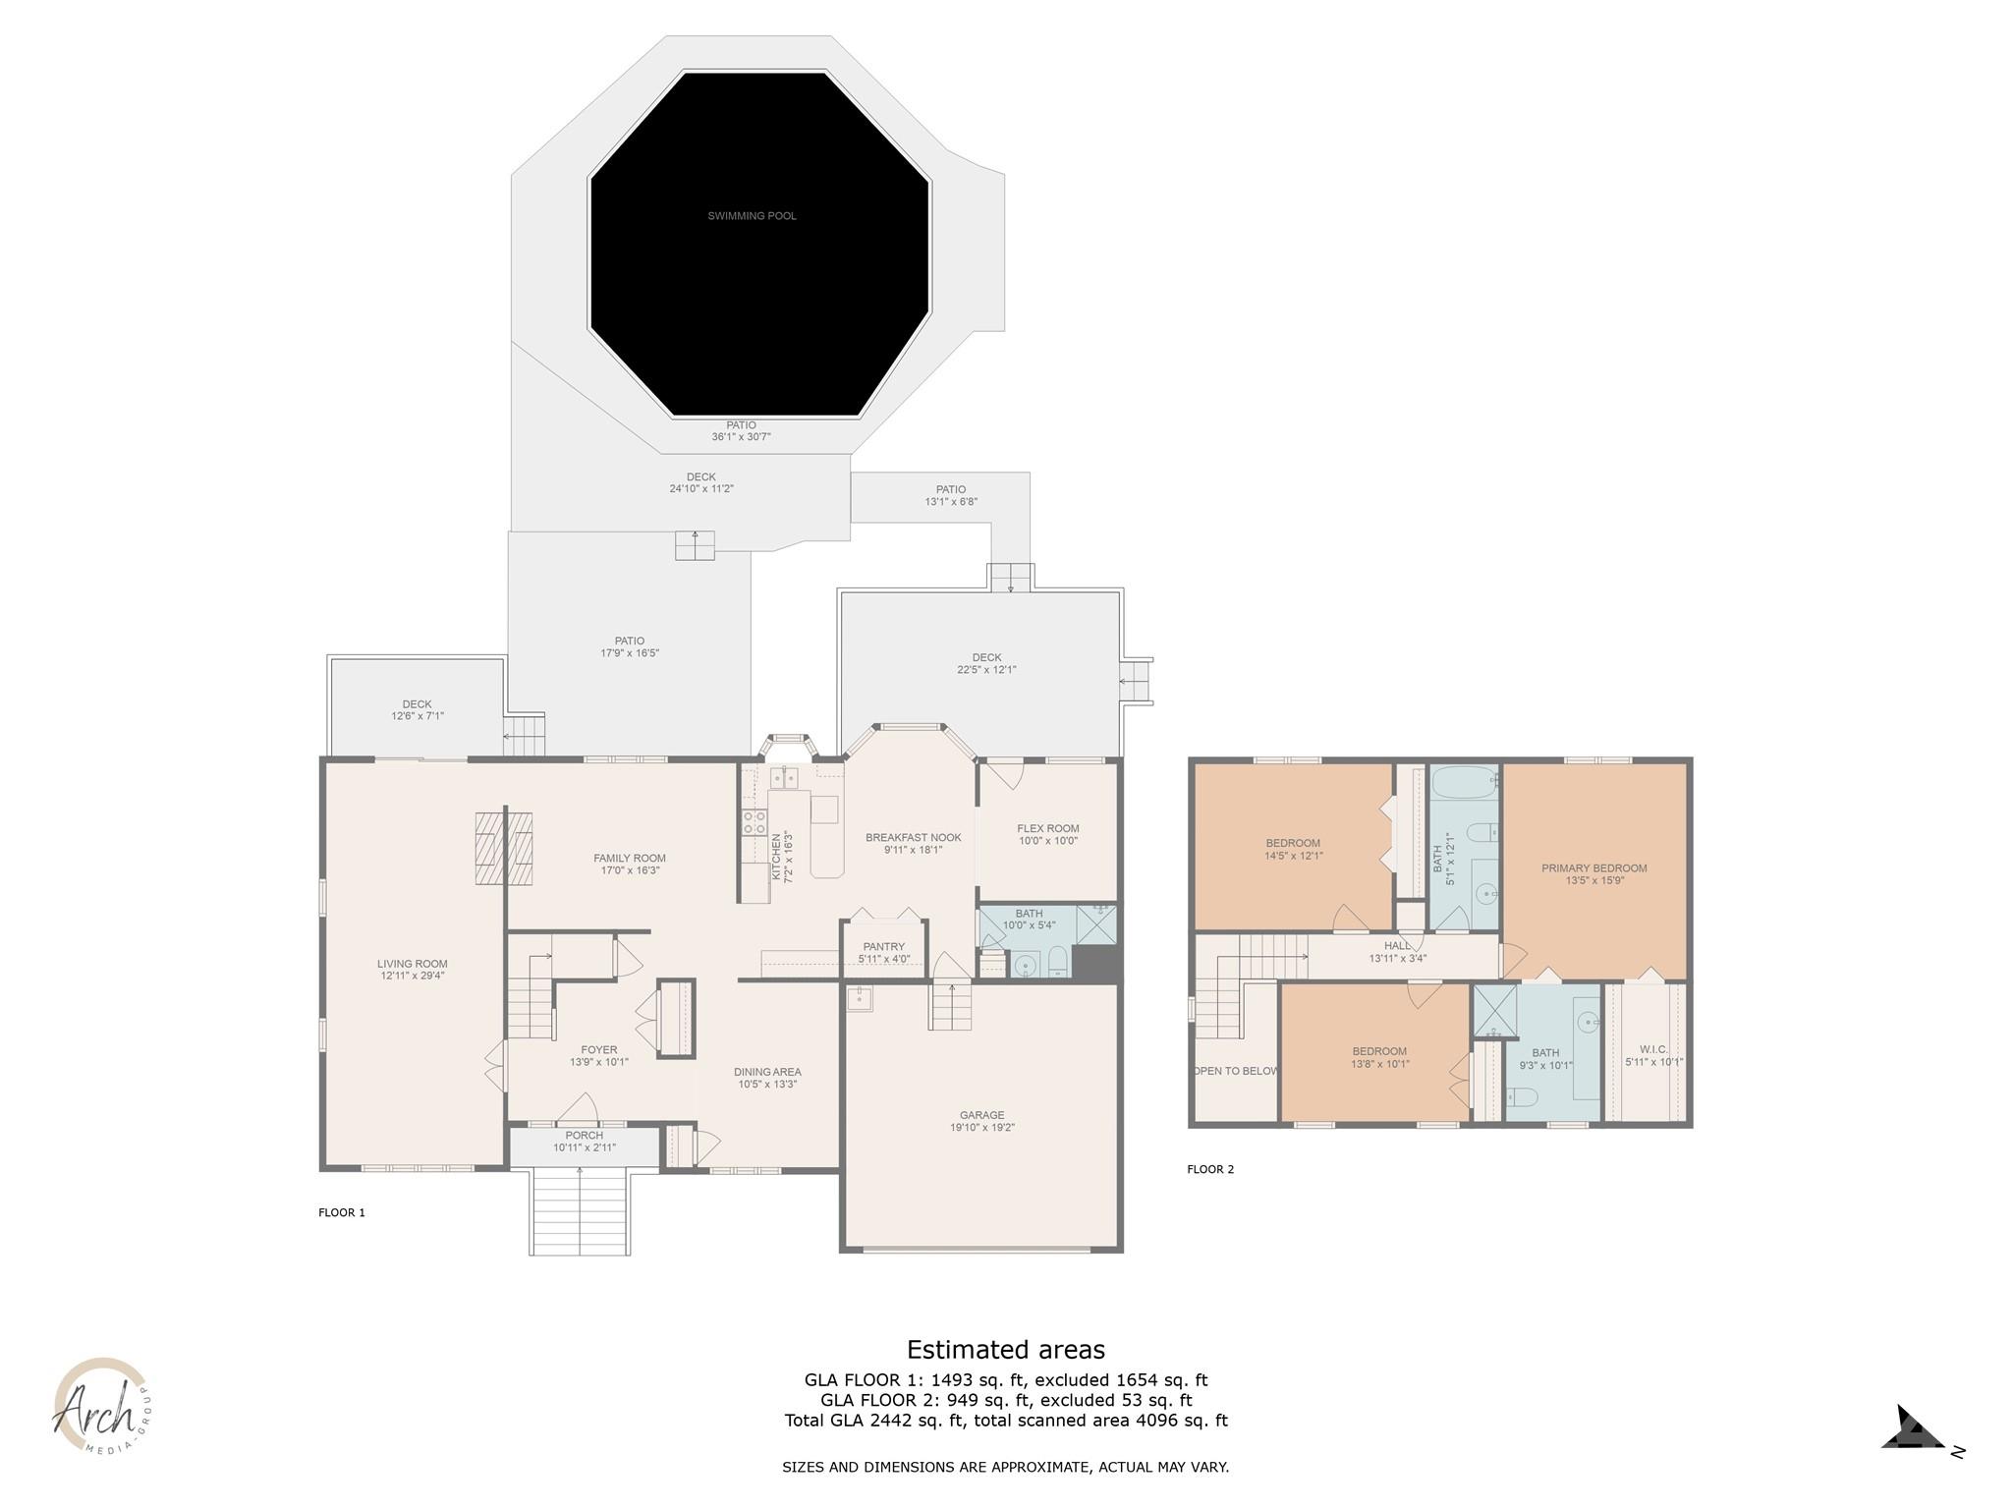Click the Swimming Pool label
point(752,216)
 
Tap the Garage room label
point(981,1115)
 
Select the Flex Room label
point(1047,828)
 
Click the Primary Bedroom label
point(1593,868)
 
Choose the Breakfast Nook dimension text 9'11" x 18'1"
point(913,851)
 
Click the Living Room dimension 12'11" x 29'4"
point(413,977)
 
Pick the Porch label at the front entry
point(584,1136)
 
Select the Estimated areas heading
point(1005,1350)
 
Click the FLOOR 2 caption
point(1210,1169)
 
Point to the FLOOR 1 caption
point(341,1212)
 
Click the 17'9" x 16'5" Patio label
point(629,647)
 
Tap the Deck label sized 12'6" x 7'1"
point(417,710)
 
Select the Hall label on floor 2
point(1397,946)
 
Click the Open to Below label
point(1235,1071)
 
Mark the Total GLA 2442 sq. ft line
point(1005,1421)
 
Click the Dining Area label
point(767,1072)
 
